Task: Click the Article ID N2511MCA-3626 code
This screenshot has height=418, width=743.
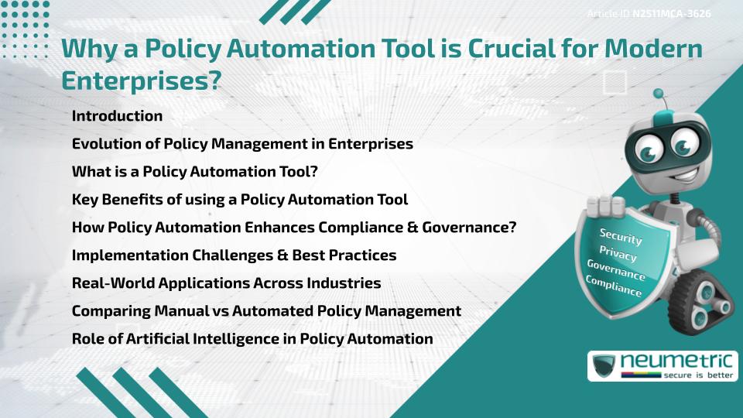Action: pos(671,14)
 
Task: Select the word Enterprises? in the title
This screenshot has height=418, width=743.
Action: pos(141,79)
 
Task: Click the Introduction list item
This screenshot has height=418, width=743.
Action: pos(117,116)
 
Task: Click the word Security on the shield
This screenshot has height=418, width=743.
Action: pos(621,236)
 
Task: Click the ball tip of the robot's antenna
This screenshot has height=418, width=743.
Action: pos(659,94)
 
